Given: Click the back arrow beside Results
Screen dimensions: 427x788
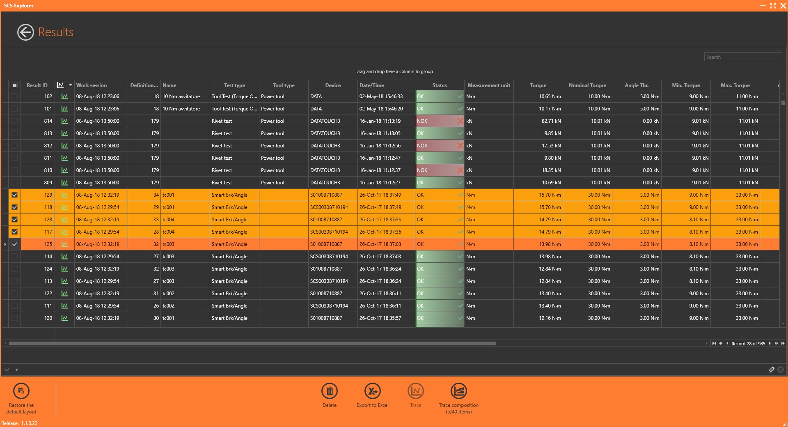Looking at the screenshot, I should point(25,32).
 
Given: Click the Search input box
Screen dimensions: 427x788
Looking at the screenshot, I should point(742,57).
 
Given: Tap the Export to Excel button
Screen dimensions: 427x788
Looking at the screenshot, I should point(372,391).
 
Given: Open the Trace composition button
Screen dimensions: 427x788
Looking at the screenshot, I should point(458,391).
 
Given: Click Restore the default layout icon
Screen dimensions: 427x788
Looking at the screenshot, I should point(21,391).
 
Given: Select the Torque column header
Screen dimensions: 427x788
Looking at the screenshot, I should point(538,85).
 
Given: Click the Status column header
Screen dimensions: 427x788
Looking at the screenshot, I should point(439,85).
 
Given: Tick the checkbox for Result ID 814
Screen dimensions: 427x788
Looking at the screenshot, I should point(15,121).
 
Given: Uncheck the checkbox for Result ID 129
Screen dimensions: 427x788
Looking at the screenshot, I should point(15,195).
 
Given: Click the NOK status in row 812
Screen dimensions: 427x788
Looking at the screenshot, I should point(422,146).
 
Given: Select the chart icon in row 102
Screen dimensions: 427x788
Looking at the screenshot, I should point(64,96).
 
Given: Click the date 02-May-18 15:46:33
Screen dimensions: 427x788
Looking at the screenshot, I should point(381,96).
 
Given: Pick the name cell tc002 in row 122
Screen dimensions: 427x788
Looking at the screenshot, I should point(169,294).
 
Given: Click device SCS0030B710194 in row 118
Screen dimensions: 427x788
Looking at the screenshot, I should point(329,207).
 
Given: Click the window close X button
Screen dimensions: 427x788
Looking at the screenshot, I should point(783,6).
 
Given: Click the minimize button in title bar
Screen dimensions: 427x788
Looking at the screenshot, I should point(763,6).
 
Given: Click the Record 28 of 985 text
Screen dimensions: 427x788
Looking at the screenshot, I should point(748,344).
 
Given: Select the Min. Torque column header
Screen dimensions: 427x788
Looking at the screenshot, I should point(685,85).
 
